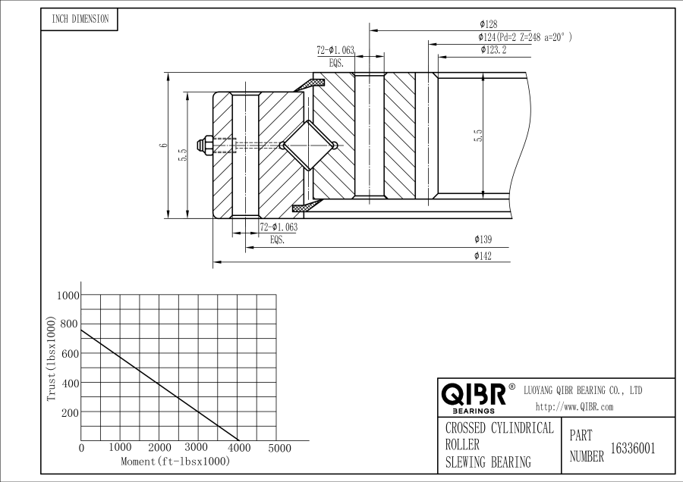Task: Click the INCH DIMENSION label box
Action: (79, 20)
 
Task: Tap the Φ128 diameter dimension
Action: (488, 24)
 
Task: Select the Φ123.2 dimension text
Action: (493, 49)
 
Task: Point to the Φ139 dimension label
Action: (483, 239)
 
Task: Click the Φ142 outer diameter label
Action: (483, 256)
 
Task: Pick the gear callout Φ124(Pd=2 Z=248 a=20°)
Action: (525, 37)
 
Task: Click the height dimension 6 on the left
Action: (163, 145)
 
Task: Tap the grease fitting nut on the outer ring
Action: (204, 146)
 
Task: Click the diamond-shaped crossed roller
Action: (308, 146)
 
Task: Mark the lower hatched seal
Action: (307, 206)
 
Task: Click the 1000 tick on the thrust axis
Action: (68, 296)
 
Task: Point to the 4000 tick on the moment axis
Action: (240, 448)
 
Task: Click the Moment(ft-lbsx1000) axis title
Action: (175, 461)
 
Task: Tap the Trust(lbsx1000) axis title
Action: (52, 359)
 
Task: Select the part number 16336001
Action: (633, 449)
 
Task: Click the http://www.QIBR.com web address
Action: (574, 407)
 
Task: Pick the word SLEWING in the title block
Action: (466, 462)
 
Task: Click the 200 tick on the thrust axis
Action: (70, 413)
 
